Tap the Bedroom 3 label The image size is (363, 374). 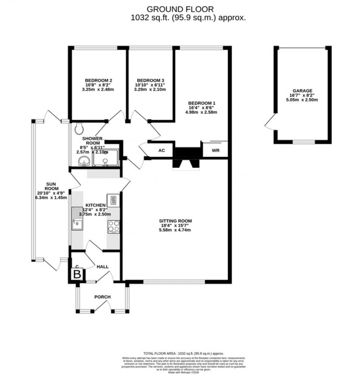pyautogui.click(x=150, y=80)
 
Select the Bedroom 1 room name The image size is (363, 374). pyautogui.click(x=201, y=103)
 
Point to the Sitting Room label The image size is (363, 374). pyautogui.click(x=175, y=221)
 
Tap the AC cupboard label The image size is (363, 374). pyautogui.click(x=162, y=150)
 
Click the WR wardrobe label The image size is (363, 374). pyautogui.click(x=215, y=150)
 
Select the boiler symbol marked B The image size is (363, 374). pyautogui.click(x=77, y=274)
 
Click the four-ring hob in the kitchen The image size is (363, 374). pyautogui.click(x=114, y=226)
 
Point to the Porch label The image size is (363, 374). pyautogui.click(x=102, y=297)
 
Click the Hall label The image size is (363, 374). pyautogui.click(x=102, y=267)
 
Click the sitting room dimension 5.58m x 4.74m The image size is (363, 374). pyautogui.click(x=175, y=230)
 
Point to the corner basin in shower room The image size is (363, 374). pyautogui.click(x=83, y=161)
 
